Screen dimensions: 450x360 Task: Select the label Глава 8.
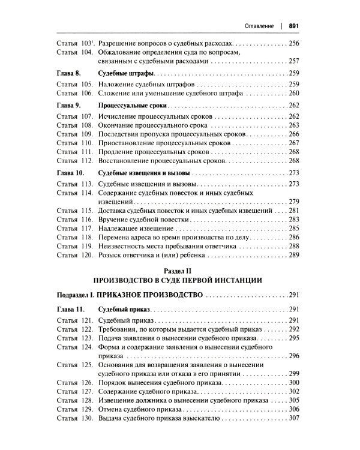68,73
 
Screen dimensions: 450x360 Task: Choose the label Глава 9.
68,105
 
